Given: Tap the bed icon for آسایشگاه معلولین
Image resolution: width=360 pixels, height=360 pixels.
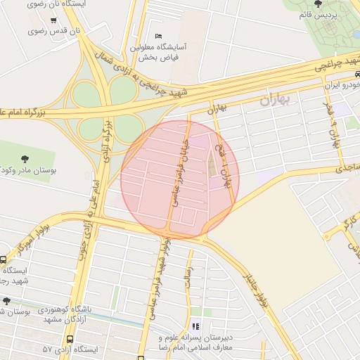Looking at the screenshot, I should coord(158,36).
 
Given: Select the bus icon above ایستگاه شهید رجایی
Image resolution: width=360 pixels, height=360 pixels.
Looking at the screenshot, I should coord(4,259).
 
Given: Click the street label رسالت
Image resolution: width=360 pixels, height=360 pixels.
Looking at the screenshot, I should coord(188,273).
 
